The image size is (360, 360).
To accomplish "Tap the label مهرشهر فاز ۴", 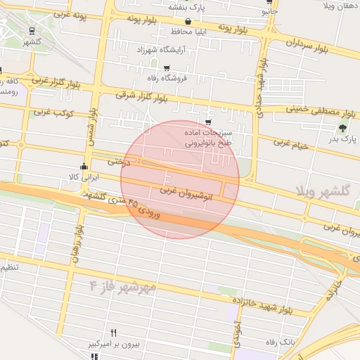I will point(123,287).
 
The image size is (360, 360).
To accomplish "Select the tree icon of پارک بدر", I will point(342,128).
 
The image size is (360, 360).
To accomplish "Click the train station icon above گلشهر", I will point(32,30).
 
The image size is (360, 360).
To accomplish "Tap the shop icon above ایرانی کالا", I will point(84,167).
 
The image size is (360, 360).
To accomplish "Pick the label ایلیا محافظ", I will point(188,32).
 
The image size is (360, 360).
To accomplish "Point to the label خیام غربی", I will point(291,144).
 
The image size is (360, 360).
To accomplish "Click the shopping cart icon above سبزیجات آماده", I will point(208,122).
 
